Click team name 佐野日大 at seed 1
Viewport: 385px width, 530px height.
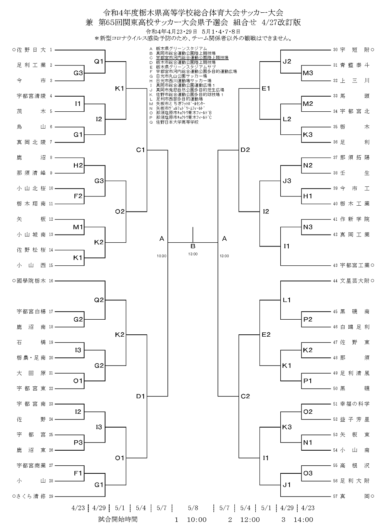31,50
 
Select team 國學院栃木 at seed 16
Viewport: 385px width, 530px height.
31,281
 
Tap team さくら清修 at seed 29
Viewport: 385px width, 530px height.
31,496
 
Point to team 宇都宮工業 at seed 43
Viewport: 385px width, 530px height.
355,265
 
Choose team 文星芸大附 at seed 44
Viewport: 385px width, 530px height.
355,281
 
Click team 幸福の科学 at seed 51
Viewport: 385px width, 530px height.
355,404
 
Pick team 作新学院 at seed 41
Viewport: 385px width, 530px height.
355,219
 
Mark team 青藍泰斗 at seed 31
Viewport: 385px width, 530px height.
355,65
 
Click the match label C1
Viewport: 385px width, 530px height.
140,150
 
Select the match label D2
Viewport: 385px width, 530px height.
245,150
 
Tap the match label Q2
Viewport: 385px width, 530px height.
99,300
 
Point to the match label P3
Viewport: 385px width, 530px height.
78,442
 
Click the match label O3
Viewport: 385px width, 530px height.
308,473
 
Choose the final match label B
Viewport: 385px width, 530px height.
193,246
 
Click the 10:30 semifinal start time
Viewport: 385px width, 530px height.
162,256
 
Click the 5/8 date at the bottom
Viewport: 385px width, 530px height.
193,508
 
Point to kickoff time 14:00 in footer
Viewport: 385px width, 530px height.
303,520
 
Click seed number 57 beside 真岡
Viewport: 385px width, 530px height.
335,496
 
